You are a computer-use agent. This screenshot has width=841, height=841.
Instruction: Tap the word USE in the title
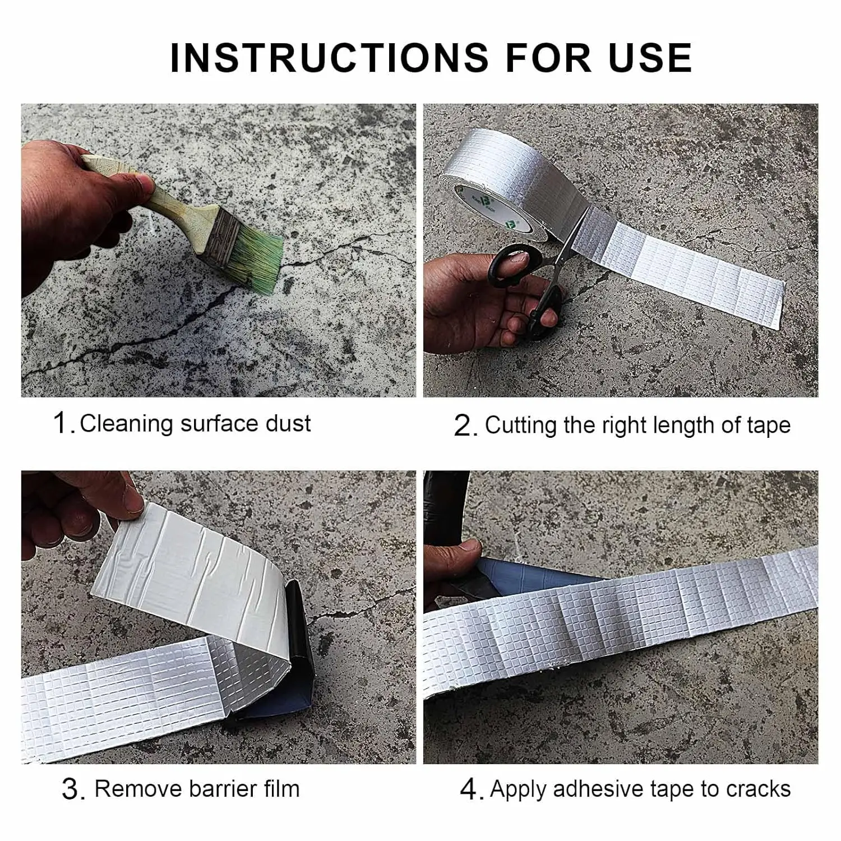pyautogui.click(x=650, y=57)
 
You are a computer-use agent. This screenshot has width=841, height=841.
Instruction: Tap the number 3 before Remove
pyautogui.click(x=72, y=790)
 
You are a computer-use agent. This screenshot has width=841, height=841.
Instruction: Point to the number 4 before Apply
pyautogui.click(x=470, y=790)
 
